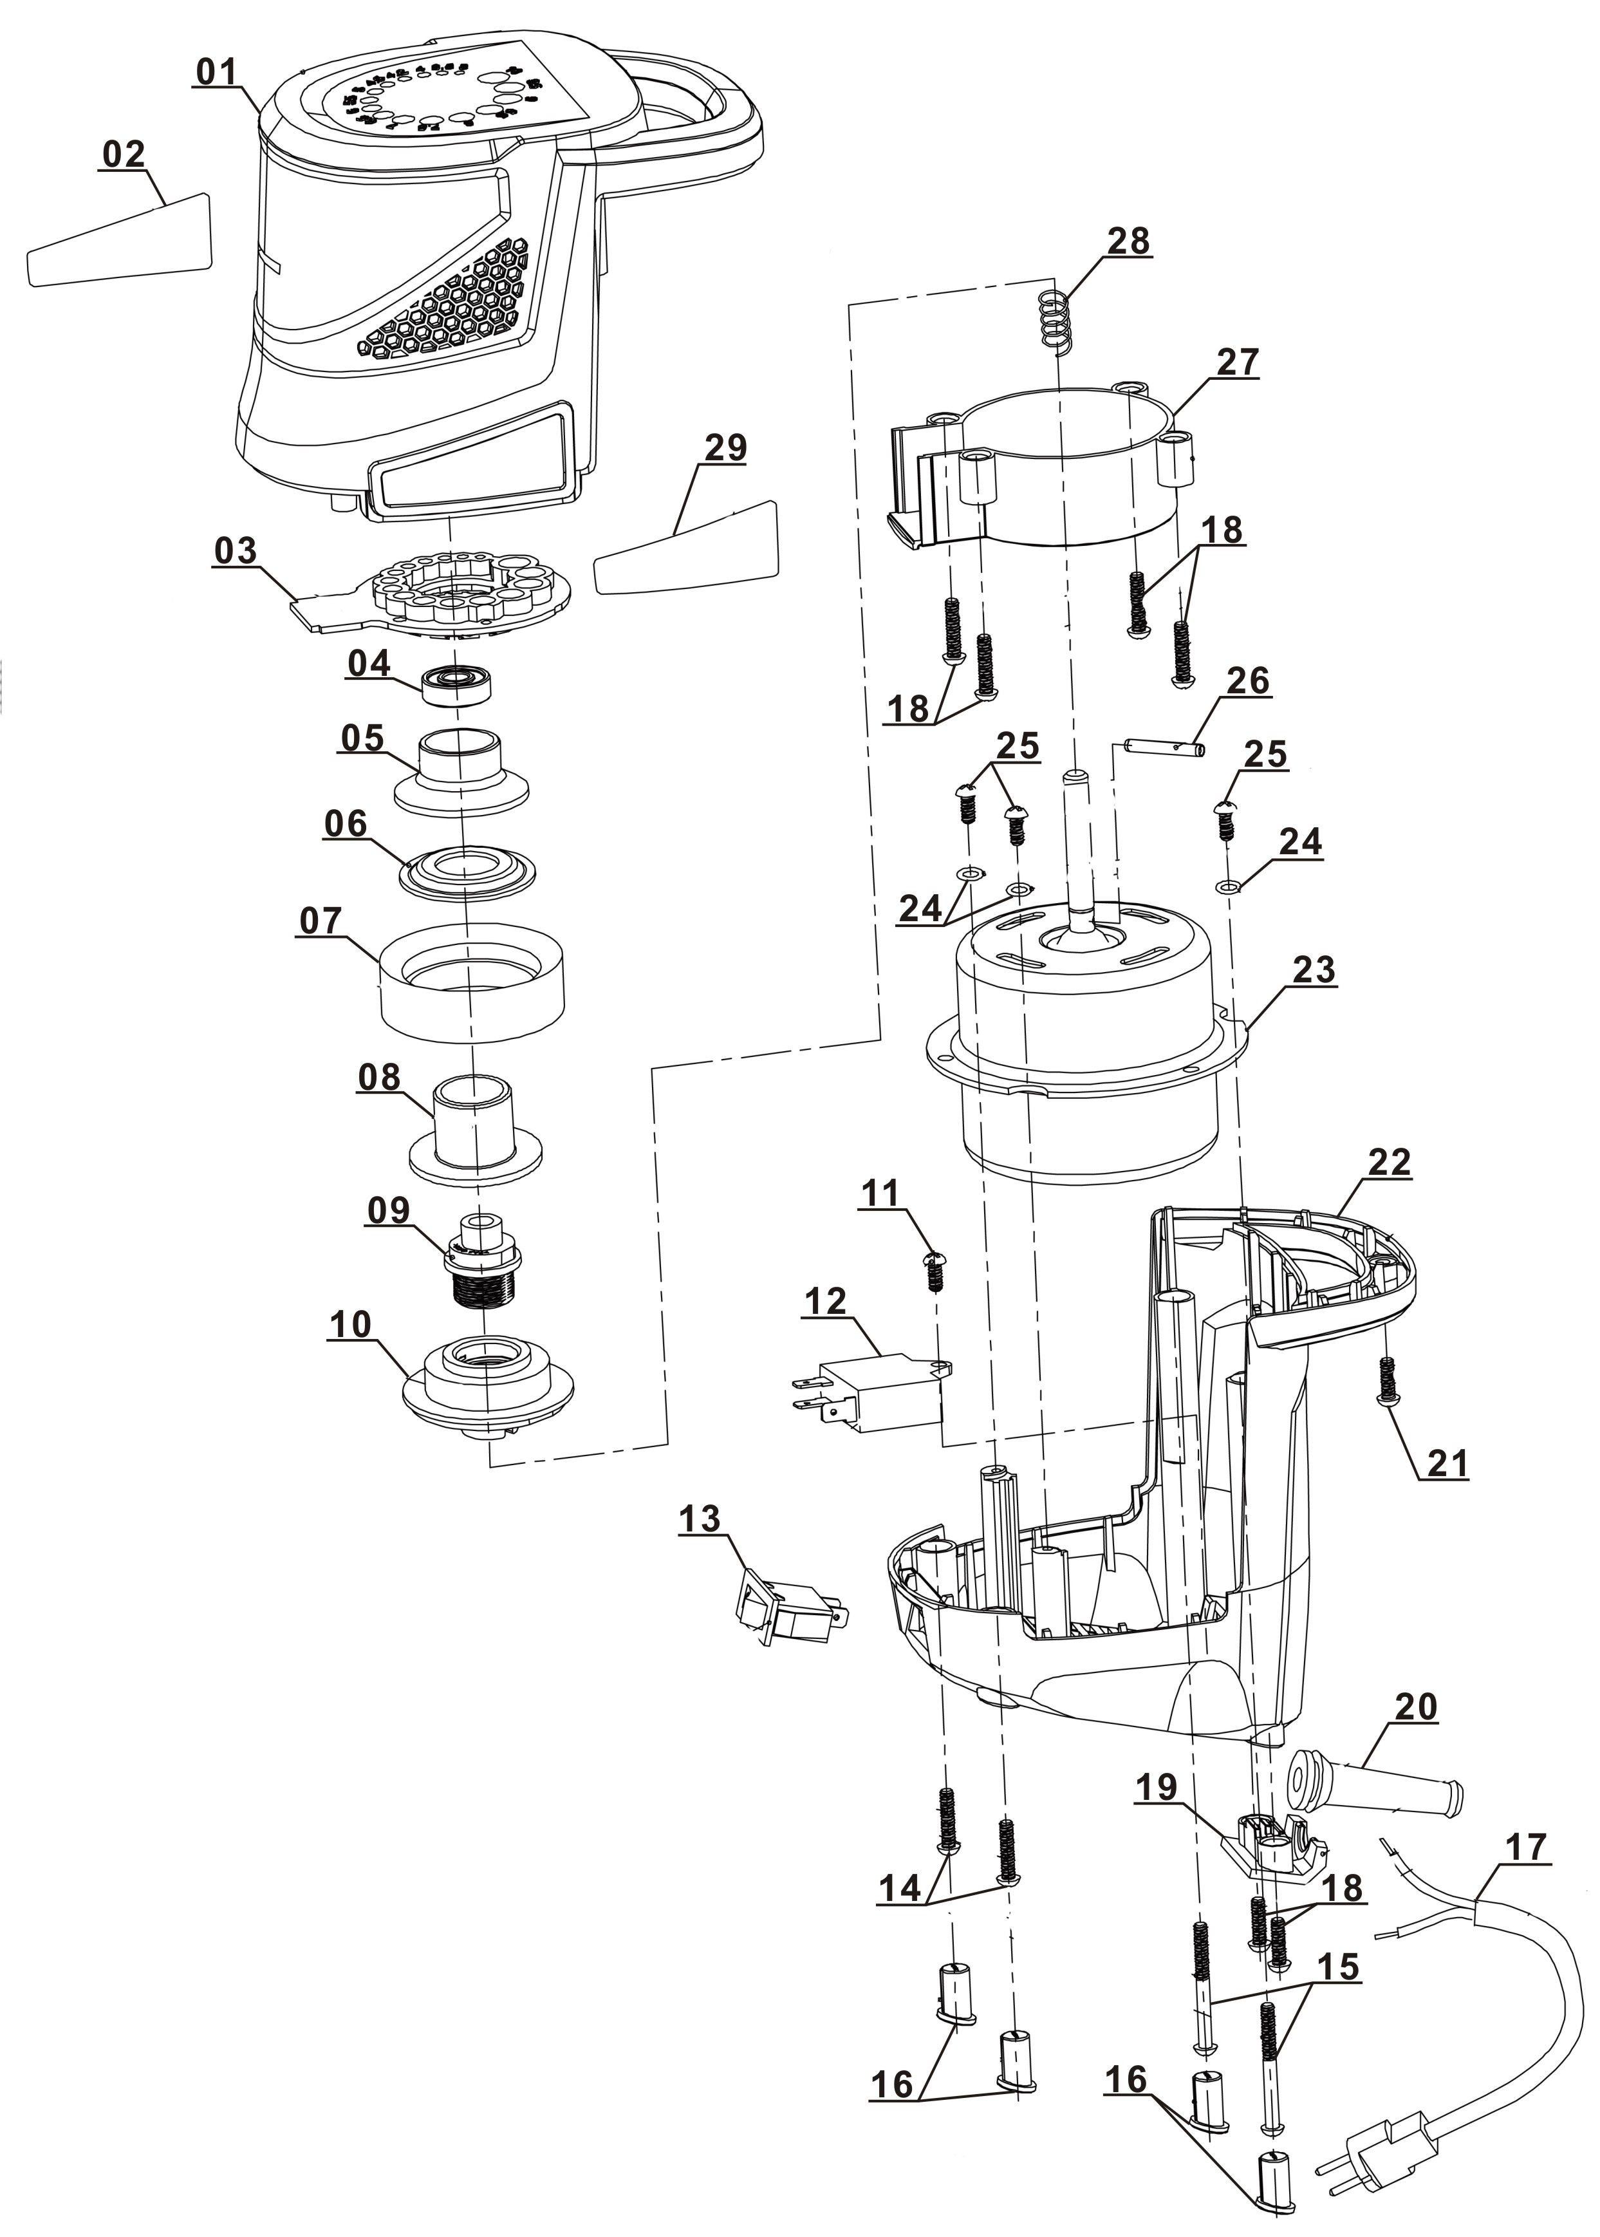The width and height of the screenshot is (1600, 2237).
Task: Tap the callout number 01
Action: click(x=217, y=72)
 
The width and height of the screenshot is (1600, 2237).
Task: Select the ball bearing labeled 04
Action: click(x=456, y=684)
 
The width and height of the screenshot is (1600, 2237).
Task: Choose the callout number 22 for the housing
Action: click(x=1388, y=1162)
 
